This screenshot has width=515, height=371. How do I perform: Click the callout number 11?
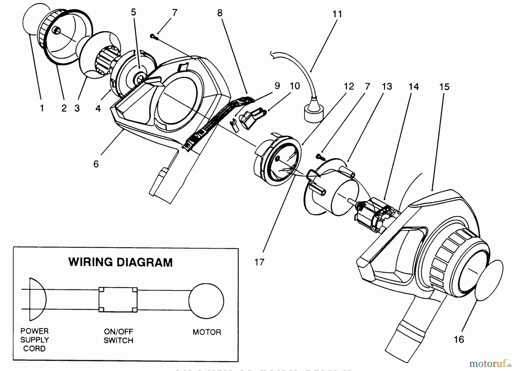tap(337, 14)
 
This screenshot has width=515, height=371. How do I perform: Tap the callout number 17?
tap(259, 262)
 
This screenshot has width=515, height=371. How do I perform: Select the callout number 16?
tap(459, 339)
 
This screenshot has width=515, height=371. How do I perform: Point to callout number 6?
tap(96, 164)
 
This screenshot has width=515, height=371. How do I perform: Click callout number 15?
tap(444, 87)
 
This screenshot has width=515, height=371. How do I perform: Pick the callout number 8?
tap(220, 13)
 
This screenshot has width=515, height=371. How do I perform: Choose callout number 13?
tap(387, 86)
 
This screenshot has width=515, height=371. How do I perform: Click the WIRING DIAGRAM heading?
tap(120, 262)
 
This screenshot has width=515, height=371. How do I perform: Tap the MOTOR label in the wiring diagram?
tap(207, 332)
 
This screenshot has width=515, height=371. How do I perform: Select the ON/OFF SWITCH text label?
tap(118, 336)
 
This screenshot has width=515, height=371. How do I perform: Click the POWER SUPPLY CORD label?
tap(34, 340)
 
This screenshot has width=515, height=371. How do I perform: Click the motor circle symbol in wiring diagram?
tap(206, 301)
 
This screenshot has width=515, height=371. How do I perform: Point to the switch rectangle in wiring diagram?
tap(118, 299)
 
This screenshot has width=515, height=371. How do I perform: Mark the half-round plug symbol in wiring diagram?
tap(37, 299)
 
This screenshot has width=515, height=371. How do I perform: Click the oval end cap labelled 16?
tap(489, 280)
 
